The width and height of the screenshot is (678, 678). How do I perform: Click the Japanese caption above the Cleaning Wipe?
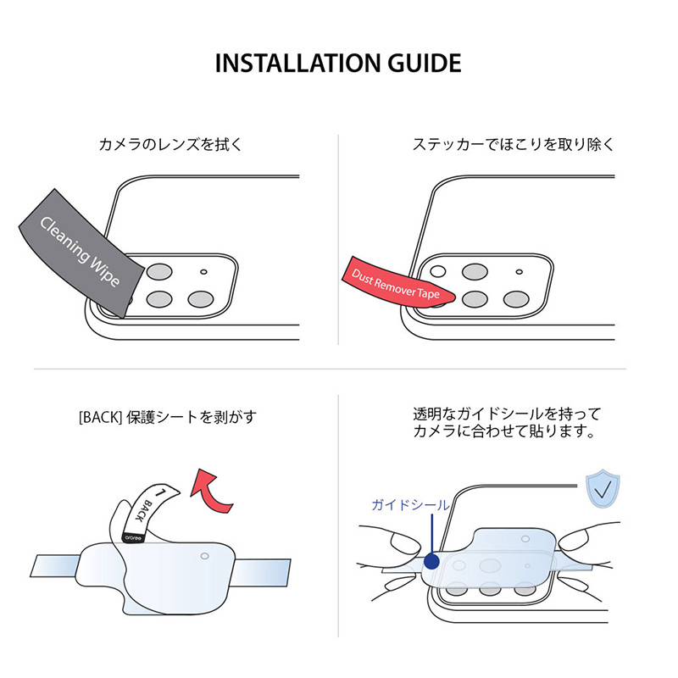tap(170, 144)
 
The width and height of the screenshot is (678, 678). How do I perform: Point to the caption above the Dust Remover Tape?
tap(513, 144)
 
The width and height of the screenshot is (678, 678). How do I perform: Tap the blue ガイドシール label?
tap(410, 505)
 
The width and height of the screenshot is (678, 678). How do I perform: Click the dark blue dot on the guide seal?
tap(432, 561)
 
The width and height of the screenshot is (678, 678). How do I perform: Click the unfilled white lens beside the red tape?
tap(437, 272)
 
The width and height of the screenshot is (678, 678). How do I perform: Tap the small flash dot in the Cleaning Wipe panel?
tap(203, 272)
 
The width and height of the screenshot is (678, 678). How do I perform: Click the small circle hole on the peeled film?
tap(204, 557)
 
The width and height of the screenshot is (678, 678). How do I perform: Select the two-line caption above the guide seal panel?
tap(506, 423)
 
